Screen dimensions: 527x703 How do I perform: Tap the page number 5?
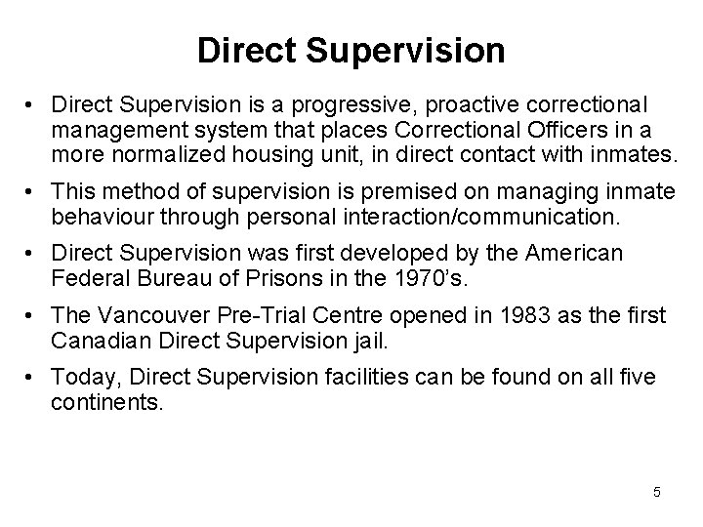point(657,492)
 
